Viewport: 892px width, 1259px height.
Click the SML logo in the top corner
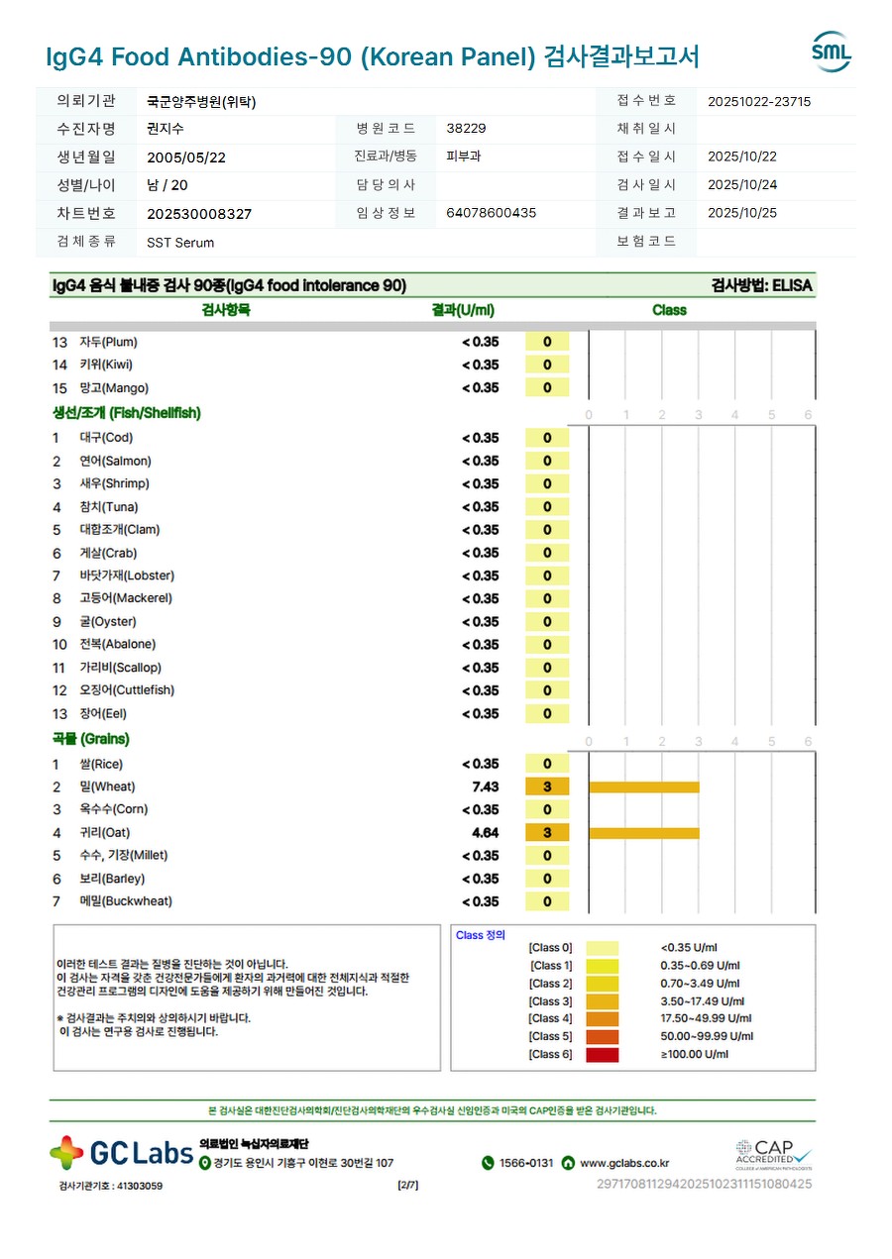click(831, 52)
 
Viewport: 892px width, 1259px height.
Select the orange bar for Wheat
click(643, 787)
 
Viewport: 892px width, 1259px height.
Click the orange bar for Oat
click(643, 833)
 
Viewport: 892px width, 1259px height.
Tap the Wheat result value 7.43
click(485, 787)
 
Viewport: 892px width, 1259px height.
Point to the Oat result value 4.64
click(485, 833)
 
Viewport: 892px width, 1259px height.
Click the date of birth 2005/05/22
click(186, 157)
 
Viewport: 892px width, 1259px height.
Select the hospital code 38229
click(466, 129)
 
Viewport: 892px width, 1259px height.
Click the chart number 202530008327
click(199, 214)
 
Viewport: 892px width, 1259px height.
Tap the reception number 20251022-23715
click(759, 101)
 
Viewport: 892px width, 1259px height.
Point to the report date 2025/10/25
click(742, 213)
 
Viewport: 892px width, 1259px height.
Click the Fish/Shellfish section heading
click(126, 413)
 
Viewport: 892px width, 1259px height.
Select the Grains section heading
click(90, 739)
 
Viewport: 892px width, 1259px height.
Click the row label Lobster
click(127, 576)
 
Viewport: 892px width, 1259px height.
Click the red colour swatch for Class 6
click(603, 1055)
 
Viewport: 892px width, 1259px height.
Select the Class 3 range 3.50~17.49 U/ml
click(702, 1001)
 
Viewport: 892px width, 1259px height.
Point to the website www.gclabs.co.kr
click(623, 1163)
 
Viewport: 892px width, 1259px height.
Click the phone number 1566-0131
click(525, 1163)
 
